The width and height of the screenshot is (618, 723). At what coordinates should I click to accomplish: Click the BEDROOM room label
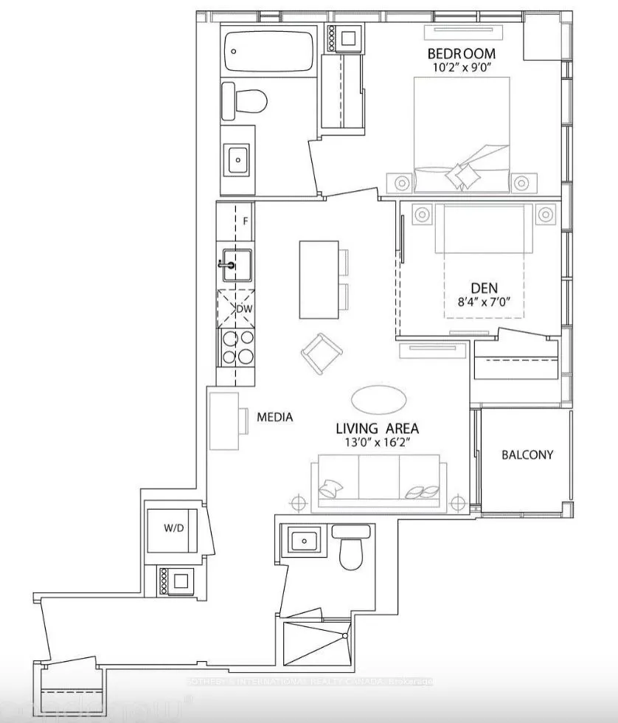pos(462,54)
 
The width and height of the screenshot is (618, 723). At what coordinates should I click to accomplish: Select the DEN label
pos(484,288)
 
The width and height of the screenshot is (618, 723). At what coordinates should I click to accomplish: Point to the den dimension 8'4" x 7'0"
pos(484,301)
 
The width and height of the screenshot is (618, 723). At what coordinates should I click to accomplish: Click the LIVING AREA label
pos(378,429)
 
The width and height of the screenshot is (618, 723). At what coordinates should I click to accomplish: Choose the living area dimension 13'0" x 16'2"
pos(378,443)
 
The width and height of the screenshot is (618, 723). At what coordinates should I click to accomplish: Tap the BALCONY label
pos(527,454)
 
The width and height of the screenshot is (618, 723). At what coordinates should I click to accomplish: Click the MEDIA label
pos(274,418)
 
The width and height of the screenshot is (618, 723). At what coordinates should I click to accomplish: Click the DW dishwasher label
pos(243,309)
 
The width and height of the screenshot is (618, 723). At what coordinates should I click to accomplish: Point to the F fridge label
pos(246,221)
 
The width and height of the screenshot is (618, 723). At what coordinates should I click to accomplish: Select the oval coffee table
pos(378,401)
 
